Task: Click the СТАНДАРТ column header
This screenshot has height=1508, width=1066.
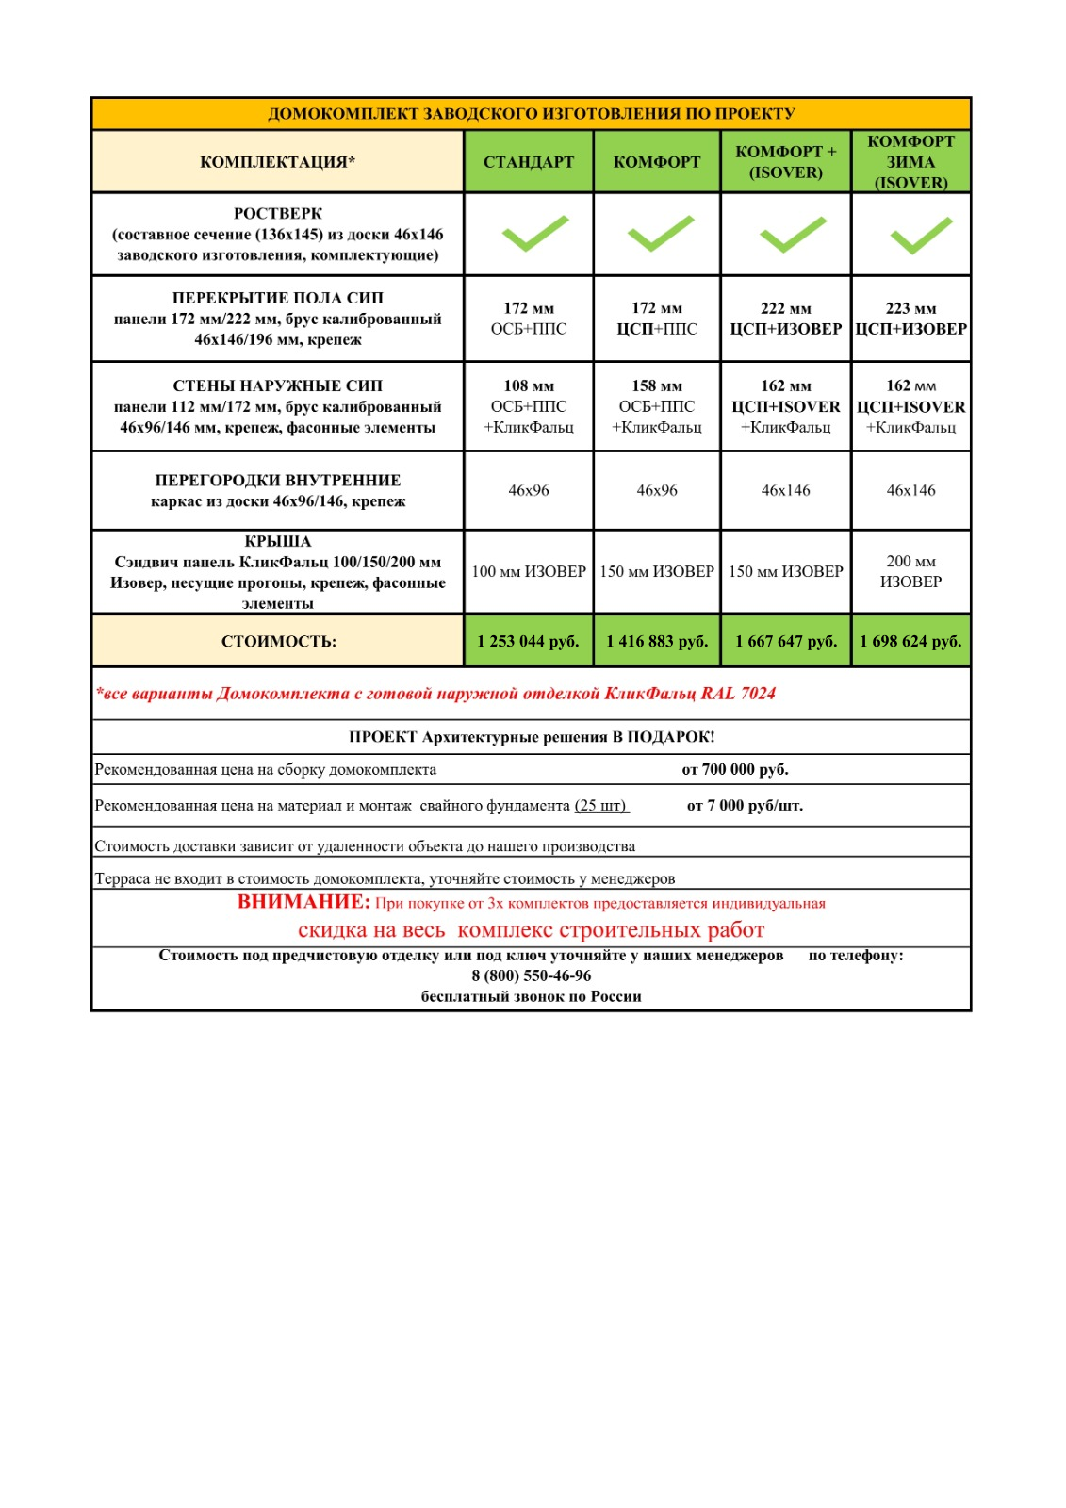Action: pos(528,162)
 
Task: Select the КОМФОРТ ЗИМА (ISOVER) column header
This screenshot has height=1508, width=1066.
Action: pos(910,162)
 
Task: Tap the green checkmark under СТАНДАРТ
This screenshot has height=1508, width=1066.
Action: pos(534,234)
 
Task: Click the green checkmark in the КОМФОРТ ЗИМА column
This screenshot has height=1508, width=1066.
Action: pos(921,235)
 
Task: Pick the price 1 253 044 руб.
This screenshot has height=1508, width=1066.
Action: pos(528,641)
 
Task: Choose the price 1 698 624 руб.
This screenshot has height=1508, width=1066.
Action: pos(910,641)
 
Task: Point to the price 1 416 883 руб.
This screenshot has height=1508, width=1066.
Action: pos(657,641)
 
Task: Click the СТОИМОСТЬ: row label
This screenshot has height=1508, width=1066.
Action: pos(278,641)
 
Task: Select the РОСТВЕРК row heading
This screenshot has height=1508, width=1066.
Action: pos(278,214)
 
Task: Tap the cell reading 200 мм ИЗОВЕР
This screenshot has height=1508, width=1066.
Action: pos(910,571)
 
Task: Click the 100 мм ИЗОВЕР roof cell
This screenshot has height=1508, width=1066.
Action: pos(528,571)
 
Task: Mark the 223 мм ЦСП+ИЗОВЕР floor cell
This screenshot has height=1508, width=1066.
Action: pos(910,319)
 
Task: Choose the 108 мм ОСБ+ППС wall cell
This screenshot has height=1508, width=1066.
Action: pos(528,406)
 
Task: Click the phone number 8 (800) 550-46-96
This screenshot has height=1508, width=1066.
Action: pos(532,975)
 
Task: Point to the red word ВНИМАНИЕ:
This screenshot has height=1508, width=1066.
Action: pos(303,902)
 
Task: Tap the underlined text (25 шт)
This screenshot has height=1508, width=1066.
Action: pos(601,806)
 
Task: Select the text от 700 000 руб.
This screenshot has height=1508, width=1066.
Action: pos(735,769)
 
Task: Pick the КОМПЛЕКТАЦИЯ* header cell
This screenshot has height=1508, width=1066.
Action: pos(278,162)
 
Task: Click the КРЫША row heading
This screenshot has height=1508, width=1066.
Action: pos(278,542)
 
